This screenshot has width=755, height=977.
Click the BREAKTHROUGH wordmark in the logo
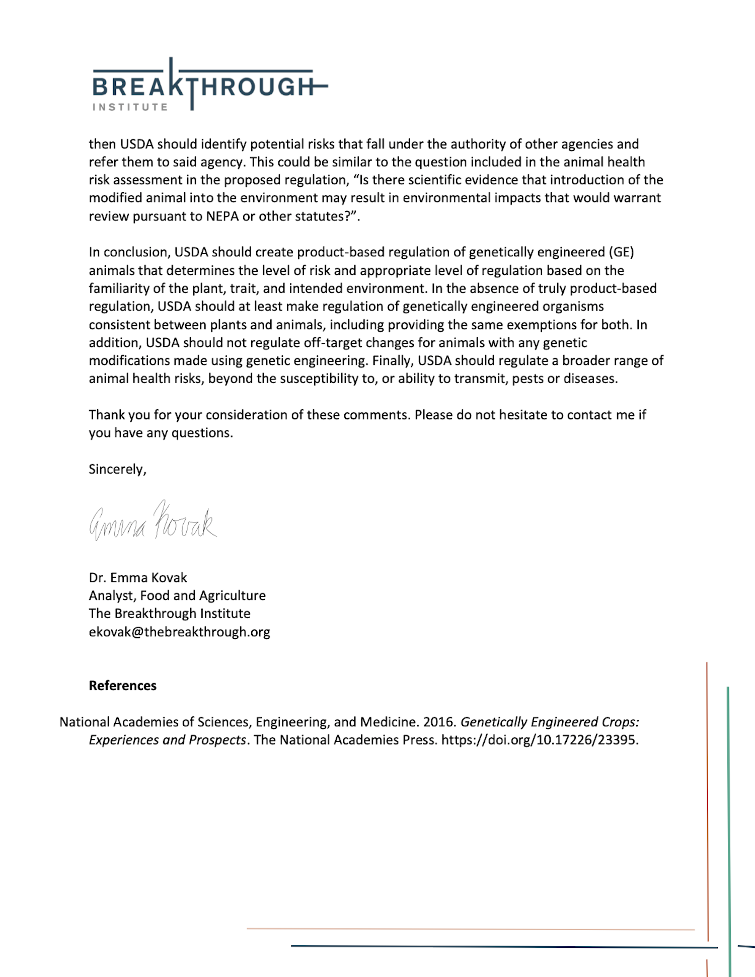coord(204,87)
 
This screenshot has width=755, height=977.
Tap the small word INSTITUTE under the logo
coord(130,107)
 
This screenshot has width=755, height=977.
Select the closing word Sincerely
coord(117,469)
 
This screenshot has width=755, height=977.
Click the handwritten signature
coord(153,521)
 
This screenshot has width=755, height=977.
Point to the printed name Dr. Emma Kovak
coord(138,577)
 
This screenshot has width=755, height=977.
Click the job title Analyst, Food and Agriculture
coord(177,595)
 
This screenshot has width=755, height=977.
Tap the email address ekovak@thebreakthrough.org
coord(179,632)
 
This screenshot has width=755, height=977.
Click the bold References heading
coord(123,686)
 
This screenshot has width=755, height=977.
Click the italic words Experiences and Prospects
coord(167,740)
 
